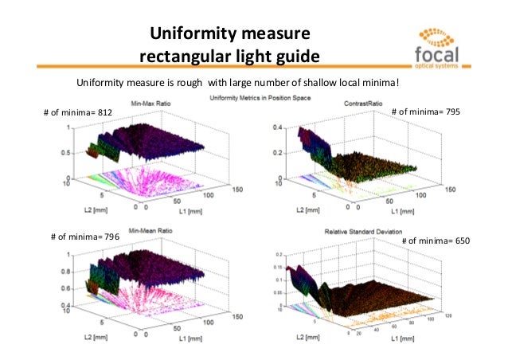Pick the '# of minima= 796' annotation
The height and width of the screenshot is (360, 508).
[x=84, y=237]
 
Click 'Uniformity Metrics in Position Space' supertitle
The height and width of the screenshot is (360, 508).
[x=260, y=97]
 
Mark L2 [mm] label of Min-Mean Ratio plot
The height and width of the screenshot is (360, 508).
[x=80, y=338]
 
